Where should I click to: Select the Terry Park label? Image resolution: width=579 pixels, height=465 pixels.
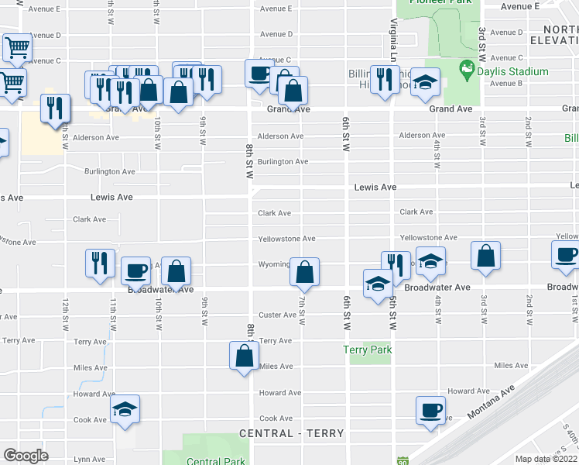pyautogui.click(x=368, y=350)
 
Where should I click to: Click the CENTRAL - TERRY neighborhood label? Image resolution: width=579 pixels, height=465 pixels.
pyautogui.click(x=291, y=433)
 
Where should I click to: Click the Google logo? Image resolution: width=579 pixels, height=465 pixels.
pyautogui.click(x=26, y=455)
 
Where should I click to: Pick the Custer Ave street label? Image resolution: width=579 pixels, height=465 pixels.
pyautogui.click(x=278, y=315)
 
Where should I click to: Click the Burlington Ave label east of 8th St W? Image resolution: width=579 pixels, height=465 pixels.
pyautogui.click(x=283, y=161)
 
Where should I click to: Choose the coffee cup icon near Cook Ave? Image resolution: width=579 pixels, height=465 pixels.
pyautogui.click(x=430, y=411)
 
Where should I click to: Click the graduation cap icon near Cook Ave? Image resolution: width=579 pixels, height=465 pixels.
pyautogui.click(x=125, y=410)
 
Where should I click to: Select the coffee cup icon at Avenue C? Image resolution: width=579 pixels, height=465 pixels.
pyautogui.click(x=259, y=74)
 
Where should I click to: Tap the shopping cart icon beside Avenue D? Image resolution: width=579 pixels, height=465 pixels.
pyautogui.click(x=17, y=48)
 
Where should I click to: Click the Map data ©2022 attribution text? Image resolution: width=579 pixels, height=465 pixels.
pyautogui.click(x=546, y=459)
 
